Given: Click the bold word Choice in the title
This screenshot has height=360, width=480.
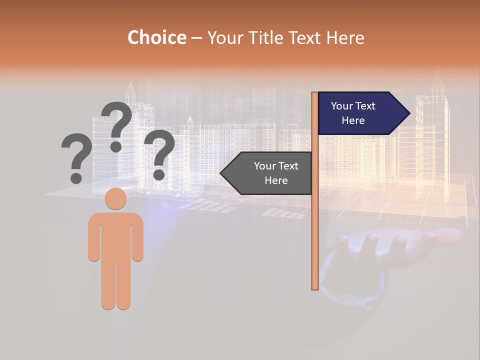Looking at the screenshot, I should (x=156, y=38).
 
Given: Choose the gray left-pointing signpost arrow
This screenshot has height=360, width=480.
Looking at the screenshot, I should (x=270, y=173).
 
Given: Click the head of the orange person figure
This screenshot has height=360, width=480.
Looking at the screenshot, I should (x=115, y=198).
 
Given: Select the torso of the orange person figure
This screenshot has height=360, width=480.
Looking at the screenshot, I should (x=115, y=235).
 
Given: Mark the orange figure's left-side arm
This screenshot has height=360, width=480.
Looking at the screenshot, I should (x=94, y=240).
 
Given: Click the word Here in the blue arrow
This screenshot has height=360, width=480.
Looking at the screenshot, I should (x=353, y=120).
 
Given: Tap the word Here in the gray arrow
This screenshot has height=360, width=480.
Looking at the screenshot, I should (x=276, y=180).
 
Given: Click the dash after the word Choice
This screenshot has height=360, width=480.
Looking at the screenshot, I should (x=196, y=38).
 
